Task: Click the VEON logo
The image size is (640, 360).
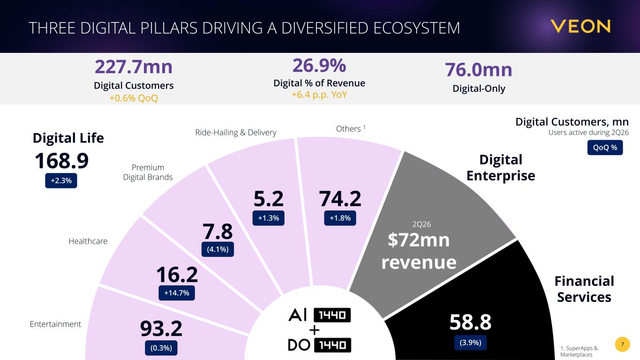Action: [x=580, y=26]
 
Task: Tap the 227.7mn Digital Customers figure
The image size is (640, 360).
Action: [x=134, y=67]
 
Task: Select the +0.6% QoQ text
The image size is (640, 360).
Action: [x=134, y=98]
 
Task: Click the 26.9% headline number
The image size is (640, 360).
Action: [x=319, y=66]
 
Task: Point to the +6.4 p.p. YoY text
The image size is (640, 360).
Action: [x=319, y=95]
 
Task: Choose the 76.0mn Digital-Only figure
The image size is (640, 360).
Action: [x=479, y=70]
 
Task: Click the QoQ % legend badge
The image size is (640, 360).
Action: [x=605, y=148]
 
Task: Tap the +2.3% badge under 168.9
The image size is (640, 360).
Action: [x=61, y=180]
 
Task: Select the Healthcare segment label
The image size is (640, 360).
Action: [x=88, y=241]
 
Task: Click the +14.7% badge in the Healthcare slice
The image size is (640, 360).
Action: [x=177, y=293]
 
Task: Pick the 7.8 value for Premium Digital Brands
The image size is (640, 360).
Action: [x=218, y=232]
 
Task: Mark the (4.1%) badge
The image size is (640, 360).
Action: [x=218, y=249]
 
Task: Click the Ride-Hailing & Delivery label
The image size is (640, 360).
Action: [x=236, y=133]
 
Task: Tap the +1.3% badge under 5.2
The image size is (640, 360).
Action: [x=268, y=218]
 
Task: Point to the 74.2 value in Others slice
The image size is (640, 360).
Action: [x=340, y=199]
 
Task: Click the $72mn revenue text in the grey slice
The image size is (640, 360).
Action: [x=419, y=251]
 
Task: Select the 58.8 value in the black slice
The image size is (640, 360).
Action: [x=471, y=322]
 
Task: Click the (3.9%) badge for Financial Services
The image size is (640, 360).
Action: [x=471, y=342]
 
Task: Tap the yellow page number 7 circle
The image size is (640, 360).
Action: [x=623, y=344]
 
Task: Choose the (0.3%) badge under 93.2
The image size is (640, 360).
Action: [x=161, y=348]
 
